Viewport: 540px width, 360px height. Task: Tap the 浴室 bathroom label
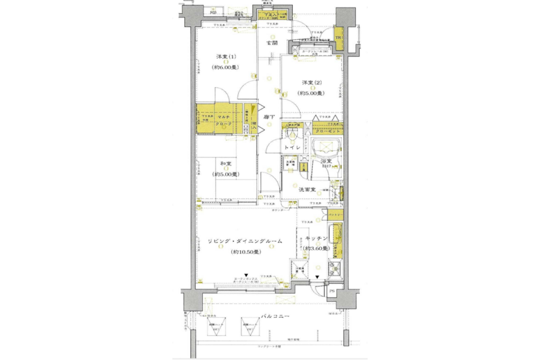pos(325,162)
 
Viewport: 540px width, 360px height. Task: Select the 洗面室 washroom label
pos(308,189)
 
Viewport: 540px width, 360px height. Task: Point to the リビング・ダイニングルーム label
pos(236,240)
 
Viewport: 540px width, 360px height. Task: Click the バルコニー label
pos(275,316)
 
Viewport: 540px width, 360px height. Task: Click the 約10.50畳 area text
pos(235,252)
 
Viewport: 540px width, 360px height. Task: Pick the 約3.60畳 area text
pos(316,249)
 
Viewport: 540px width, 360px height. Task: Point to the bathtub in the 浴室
pos(325,147)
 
